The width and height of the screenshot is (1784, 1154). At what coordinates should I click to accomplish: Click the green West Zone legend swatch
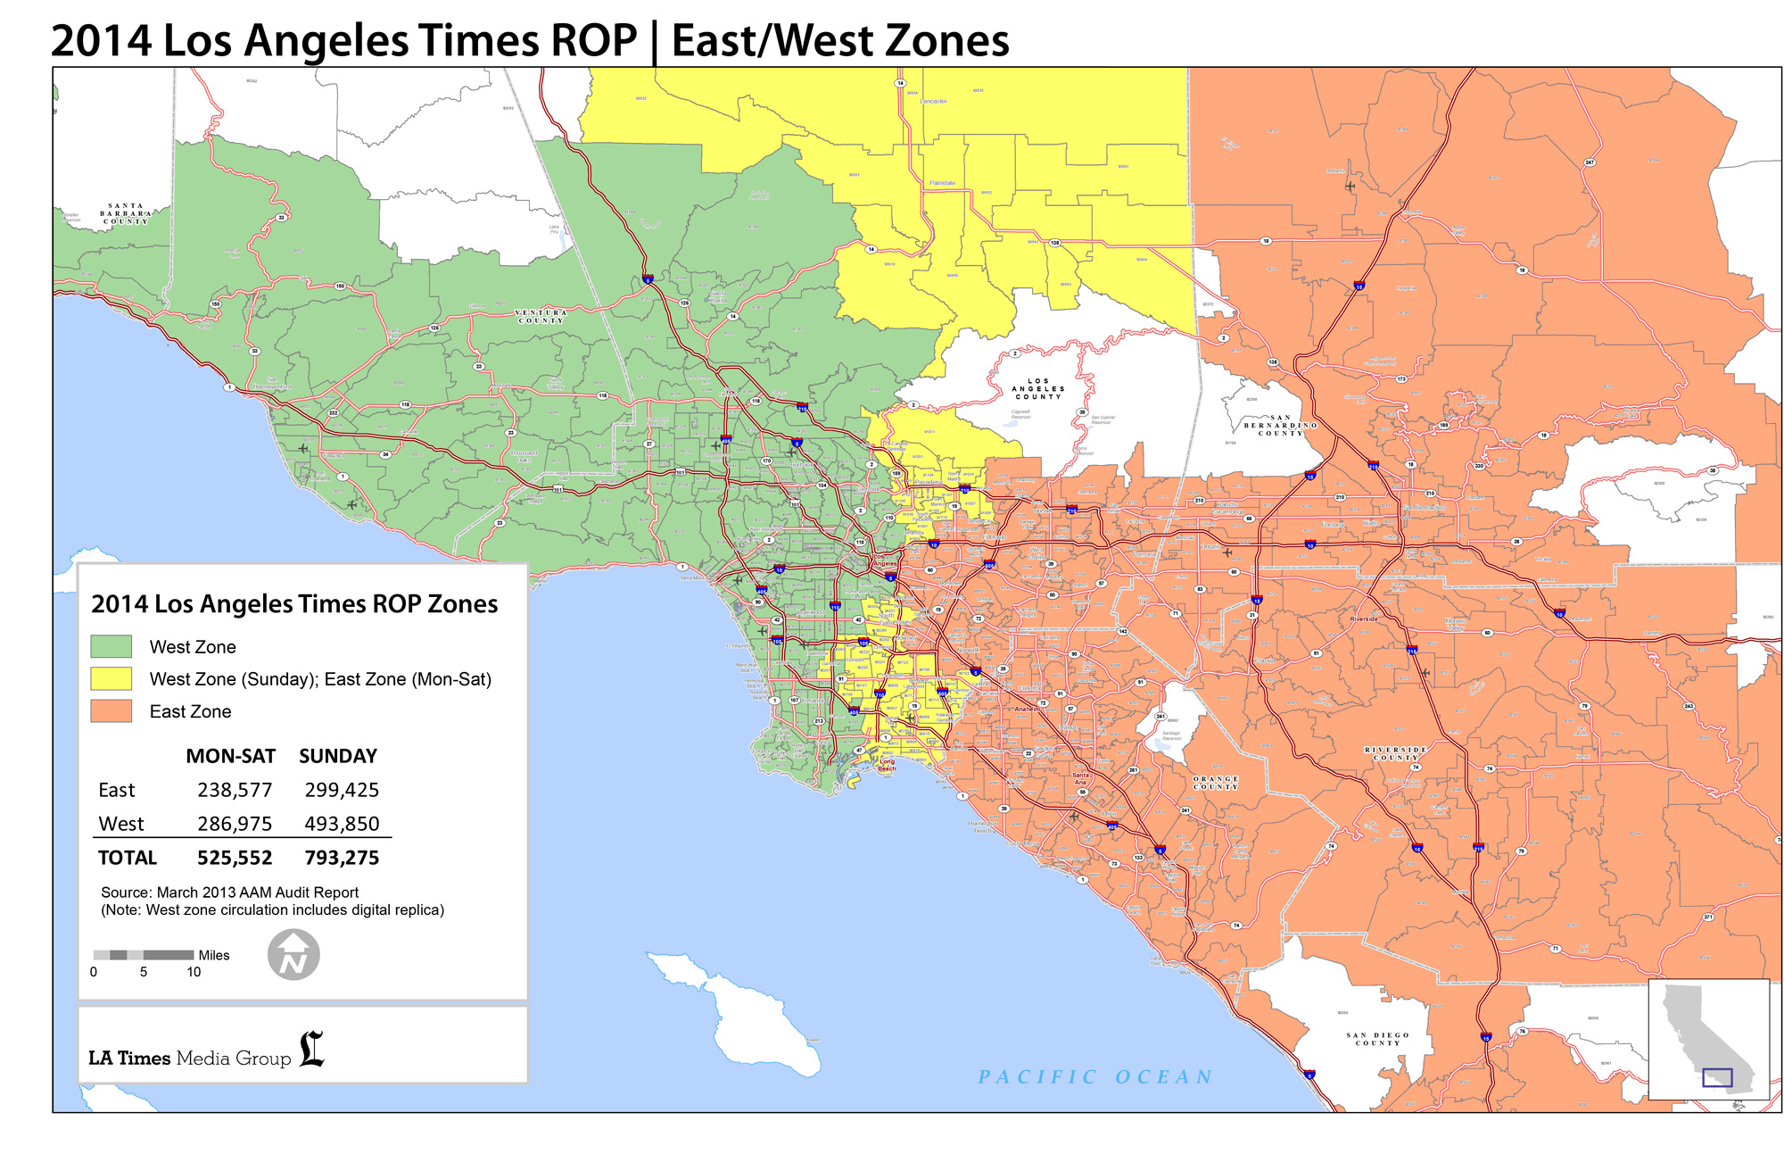point(111,646)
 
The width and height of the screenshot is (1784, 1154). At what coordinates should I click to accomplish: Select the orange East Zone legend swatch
point(111,711)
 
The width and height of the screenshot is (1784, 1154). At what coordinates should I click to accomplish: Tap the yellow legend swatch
point(111,679)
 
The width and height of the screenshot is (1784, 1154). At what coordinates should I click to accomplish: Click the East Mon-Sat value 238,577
point(235,790)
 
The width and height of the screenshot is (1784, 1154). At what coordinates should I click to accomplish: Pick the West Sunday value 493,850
point(342,824)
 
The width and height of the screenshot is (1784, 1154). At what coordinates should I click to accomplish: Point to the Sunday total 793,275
point(342,858)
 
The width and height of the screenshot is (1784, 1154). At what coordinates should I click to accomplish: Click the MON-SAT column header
point(230,756)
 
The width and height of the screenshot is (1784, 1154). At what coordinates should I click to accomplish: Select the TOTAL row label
point(127,858)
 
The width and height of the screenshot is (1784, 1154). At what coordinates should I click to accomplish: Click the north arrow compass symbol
point(293,955)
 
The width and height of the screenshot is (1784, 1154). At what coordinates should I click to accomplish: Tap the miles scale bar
point(144,955)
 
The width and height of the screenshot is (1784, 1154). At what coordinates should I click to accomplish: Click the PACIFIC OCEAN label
point(1095,1077)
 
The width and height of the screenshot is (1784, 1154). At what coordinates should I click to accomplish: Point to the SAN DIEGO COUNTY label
point(1377,1039)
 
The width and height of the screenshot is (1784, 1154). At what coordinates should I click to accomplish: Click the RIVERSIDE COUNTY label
point(1396,753)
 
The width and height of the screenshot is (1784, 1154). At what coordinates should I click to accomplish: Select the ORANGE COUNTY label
point(1216,783)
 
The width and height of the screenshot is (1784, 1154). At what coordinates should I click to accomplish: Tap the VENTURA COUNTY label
point(541,317)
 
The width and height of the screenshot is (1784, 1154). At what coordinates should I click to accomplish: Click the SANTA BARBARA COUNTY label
point(125,213)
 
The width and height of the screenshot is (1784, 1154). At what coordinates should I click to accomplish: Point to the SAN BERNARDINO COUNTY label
point(1281,425)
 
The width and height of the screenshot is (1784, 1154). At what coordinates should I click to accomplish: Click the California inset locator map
point(1708,1039)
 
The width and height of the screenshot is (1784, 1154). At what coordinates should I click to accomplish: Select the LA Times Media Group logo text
point(190,1058)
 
